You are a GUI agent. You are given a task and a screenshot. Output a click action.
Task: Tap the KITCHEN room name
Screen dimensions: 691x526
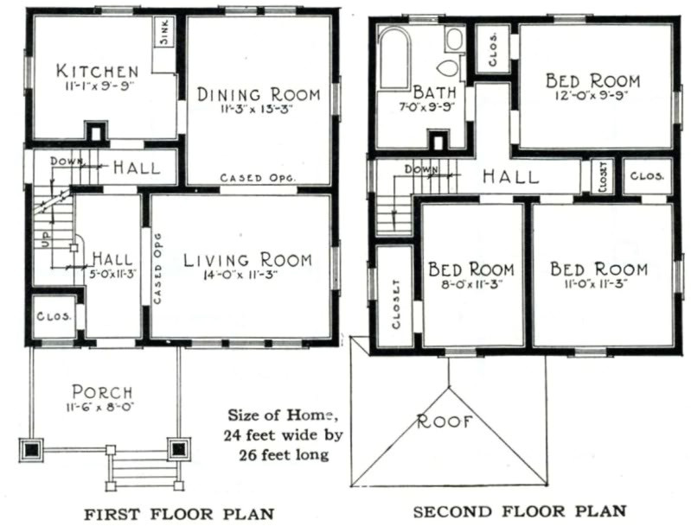click(x=98, y=71)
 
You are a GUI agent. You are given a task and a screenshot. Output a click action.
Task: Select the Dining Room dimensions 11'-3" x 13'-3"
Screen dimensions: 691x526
click(x=258, y=109)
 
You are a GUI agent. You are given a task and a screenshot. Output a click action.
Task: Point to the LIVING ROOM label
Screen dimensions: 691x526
click(x=247, y=260)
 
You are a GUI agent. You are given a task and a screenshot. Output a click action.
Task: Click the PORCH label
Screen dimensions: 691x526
click(x=102, y=392)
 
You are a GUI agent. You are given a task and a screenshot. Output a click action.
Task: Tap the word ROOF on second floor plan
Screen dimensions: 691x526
click(x=445, y=421)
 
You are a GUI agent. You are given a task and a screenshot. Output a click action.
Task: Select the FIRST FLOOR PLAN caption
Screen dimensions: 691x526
click(x=179, y=514)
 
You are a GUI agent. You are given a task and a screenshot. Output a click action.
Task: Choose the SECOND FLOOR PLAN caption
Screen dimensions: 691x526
click(x=520, y=511)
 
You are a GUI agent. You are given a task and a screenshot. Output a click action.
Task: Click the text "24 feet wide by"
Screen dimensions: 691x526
click(x=283, y=435)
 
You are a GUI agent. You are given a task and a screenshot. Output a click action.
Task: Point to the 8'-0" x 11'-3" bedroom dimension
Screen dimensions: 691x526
click(x=471, y=284)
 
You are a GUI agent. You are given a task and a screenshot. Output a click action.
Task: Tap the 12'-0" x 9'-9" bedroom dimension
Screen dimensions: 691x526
click(x=592, y=96)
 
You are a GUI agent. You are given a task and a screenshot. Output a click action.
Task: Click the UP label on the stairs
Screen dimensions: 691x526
click(x=46, y=240)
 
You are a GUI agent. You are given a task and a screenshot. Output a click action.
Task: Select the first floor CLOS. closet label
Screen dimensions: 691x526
click(x=54, y=316)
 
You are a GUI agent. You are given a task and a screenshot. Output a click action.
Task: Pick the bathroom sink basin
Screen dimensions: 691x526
click(x=453, y=39)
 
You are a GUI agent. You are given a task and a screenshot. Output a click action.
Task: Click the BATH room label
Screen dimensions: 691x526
click(x=434, y=92)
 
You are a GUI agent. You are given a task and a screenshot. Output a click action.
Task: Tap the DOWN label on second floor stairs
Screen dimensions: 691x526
click(x=421, y=169)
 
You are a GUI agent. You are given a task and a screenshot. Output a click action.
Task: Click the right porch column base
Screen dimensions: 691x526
click(x=178, y=449)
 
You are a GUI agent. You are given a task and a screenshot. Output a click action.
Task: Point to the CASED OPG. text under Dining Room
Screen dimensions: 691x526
click(x=258, y=178)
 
